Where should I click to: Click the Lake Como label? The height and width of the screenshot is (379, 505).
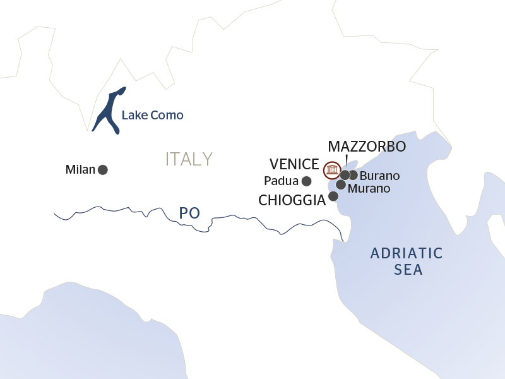pyautogui.click(x=152, y=116)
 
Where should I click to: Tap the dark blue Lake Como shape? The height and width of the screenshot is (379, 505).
pyautogui.click(x=107, y=111)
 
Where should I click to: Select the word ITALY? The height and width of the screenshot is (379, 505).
pyautogui.click(x=189, y=159)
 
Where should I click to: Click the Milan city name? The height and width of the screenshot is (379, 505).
pyautogui.click(x=80, y=170)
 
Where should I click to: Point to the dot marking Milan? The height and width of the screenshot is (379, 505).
pyautogui.click(x=103, y=169)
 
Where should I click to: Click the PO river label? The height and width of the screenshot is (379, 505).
pyautogui.click(x=189, y=214)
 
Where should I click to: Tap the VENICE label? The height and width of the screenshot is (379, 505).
pyautogui.click(x=294, y=164)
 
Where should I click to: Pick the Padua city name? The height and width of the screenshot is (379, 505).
pyautogui.click(x=281, y=182)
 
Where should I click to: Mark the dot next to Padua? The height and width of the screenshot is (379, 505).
pyautogui.click(x=307, y=181)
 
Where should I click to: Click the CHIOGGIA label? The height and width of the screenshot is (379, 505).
pyautogui.click(x=292, y=200)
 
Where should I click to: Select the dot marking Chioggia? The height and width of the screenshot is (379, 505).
pyautogui.click(x=333, y=196)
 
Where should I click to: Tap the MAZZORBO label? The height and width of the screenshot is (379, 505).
pyautogui.click(x=367, y=147)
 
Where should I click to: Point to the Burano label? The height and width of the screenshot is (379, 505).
pyautogui.click(x=379, y=176)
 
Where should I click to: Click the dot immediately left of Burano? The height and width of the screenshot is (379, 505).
pyautogui.click(x=353, y=175)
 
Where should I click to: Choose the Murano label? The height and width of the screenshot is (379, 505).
pyautogui.click(x=369, y=188)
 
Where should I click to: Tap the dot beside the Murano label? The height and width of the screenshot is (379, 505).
pyautogui.click(x=341, y=185)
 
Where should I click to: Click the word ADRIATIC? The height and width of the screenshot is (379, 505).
pyautogui.click(x=407, y=254)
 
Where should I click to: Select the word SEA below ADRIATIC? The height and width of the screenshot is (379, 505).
pyautogui.click(x=407, y=270)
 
